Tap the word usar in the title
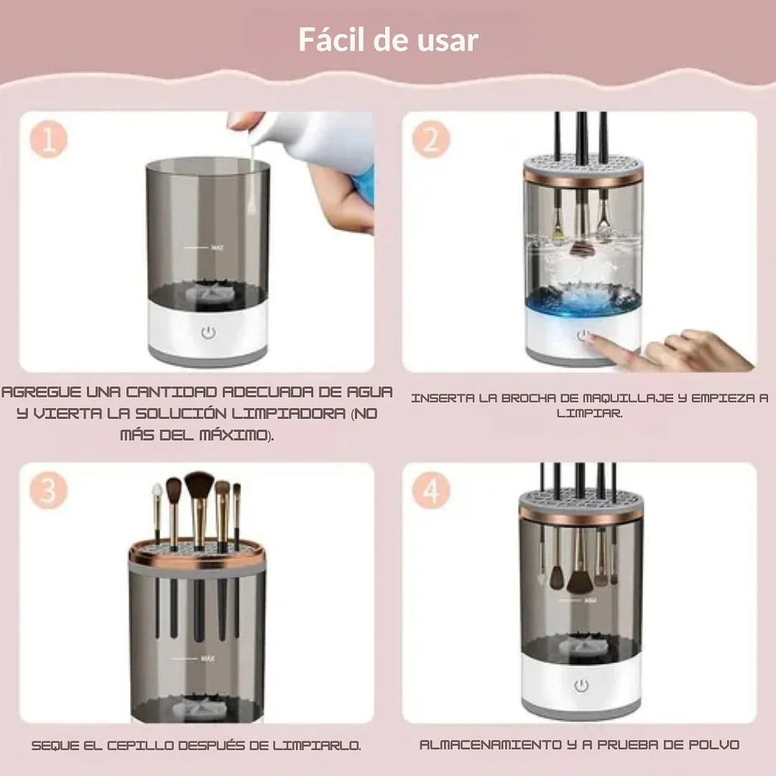[448, 40]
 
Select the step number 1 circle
[49, 139]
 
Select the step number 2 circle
[431, 139]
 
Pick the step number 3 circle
[49, 490]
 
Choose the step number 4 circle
[431, 490]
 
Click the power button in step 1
[209, 333]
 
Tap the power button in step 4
[581, 685]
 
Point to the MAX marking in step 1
[217, 247]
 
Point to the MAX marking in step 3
[208, 659]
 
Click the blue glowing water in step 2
[583, 300]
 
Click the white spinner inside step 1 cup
[208, 292]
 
